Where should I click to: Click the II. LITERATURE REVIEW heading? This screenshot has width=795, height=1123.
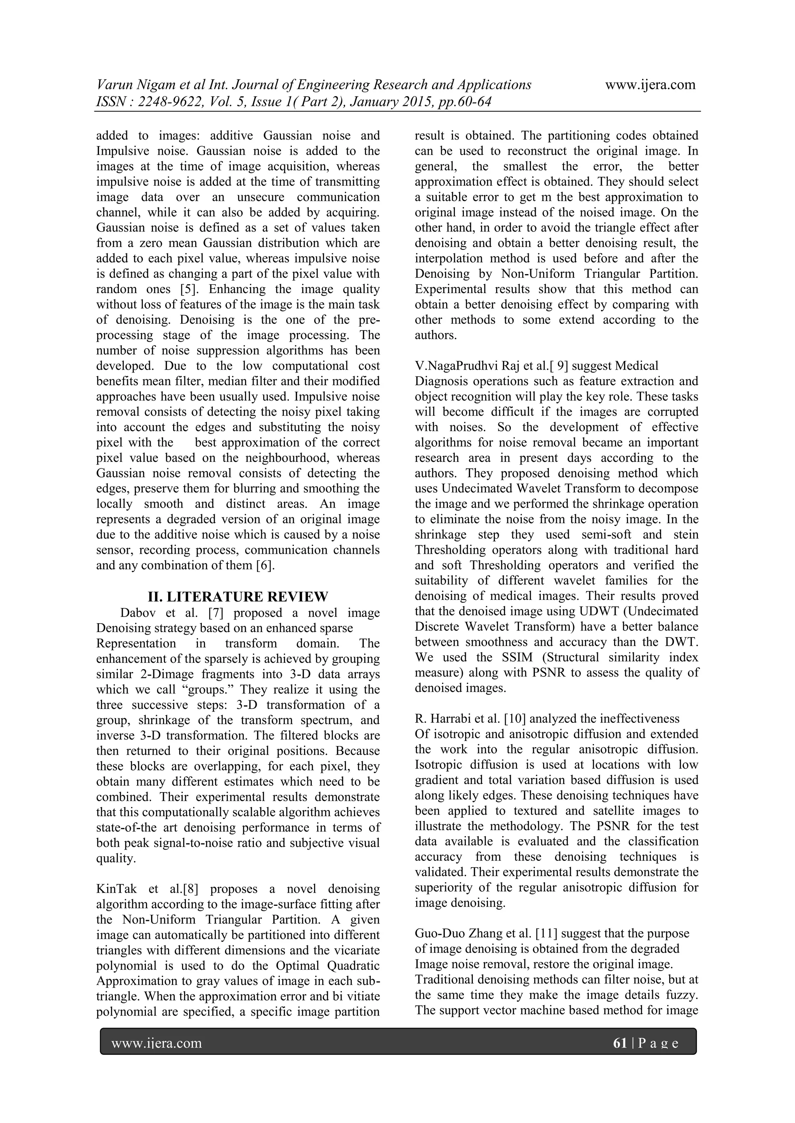[238, 597]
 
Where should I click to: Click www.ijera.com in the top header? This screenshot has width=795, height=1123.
[650, 85]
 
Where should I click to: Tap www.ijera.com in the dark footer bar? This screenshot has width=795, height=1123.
[157, 1043]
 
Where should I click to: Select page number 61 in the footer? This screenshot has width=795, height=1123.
[620, 1043]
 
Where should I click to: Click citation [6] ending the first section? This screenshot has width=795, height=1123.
[266, 565]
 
